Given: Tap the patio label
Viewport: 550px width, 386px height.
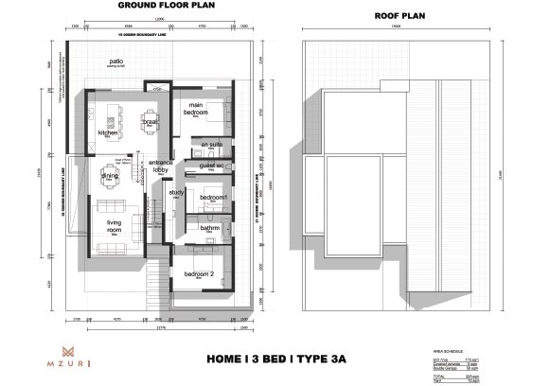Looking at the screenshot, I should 118,61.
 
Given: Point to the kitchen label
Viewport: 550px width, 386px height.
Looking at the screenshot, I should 110,132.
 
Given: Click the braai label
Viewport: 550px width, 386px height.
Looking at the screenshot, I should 149,122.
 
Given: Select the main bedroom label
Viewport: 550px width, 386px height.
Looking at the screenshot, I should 197,109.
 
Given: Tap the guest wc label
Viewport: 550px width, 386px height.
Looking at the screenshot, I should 211,166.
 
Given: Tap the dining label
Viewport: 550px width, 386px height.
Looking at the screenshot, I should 110,176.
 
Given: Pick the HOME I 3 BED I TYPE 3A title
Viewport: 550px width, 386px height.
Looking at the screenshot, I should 275,359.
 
